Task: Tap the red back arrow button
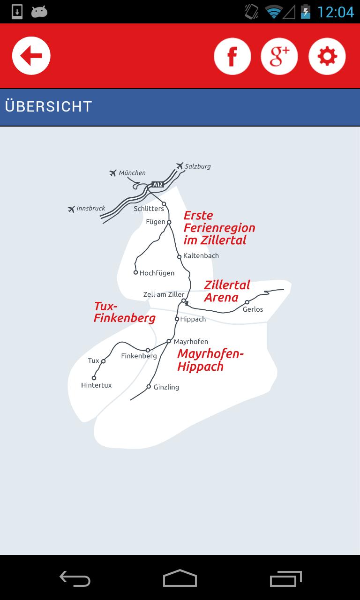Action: pos(31,56)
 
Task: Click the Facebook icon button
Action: pos(232,56)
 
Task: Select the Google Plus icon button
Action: pos(279,56)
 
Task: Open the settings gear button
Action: pos(327,56)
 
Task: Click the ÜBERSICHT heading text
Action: pos(48,106)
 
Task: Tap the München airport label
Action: pos(132,173)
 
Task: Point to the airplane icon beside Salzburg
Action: pos(180,165)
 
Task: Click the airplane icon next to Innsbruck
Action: pos(71,209)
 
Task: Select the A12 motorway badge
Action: pos(157,185)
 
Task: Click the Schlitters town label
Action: pos(149,209)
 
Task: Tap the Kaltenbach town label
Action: pos(201,256)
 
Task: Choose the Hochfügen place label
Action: pos(157,273)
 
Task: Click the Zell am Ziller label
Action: pos(164,294)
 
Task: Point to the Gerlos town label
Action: pos(253,309)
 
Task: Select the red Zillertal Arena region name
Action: pos(227,291)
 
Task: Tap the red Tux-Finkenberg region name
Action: pos(124,312)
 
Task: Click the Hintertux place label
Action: pos(96,385)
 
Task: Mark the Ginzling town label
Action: pos(166,387)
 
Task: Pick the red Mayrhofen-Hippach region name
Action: pos(210,360)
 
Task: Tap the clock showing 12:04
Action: pos(336,12)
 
